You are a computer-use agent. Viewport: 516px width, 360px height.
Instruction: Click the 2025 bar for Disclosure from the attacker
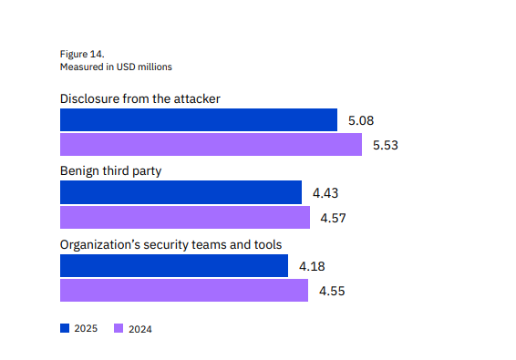coord(199,119)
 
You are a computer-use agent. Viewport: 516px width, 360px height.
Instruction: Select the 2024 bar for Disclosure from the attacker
coord(212,145)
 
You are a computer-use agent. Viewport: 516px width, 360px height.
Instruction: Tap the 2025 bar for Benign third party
coord(181,192)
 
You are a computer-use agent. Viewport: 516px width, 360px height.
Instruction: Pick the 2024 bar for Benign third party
coord(185,218)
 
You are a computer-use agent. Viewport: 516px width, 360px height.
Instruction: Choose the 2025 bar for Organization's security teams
coord(174,266)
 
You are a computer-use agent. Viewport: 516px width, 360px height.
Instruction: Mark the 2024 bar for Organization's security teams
coord(184,291)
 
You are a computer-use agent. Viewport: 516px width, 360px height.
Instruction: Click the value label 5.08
coord(361,120)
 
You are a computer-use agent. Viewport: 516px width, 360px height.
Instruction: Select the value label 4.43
coord(325,192)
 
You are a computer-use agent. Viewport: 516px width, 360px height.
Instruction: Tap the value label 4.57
coord(334,218)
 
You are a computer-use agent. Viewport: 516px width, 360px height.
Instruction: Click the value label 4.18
coord(312,266)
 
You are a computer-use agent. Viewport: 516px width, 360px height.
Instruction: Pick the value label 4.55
coord(333,291)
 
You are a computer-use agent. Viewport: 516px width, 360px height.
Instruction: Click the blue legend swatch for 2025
coord(65,328)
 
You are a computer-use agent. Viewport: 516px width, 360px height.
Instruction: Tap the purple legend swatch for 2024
coord(119,328)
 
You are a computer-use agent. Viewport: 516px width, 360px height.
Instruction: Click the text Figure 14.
coord(82,54)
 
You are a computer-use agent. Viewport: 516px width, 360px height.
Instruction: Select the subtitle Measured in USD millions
coord(116,67)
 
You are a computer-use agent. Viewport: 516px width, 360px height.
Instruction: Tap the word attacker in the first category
coord(196,98)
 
